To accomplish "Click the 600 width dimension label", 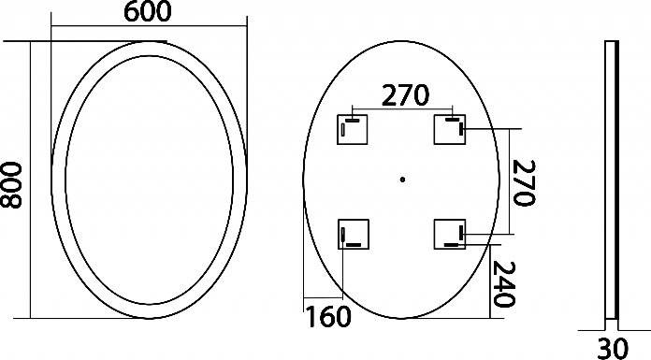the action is click(148, 11).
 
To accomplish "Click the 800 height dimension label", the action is click(11, 185).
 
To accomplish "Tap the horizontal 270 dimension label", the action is click(405, 95).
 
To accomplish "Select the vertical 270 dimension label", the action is click(524, 182).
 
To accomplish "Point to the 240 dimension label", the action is click(503, 284).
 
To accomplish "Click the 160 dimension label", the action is click(328, 317).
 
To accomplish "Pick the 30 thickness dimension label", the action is click(613, 348).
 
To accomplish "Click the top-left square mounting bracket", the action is click(352, 130).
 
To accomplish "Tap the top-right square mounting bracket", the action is click(450, 130).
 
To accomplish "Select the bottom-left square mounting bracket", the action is click(354, 234).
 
